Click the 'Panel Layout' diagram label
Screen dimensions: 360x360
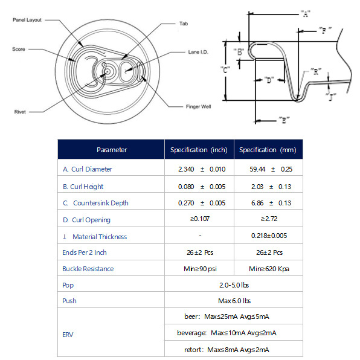pyautogui.click(x=27, y=20)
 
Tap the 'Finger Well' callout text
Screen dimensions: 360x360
pyautogui.click(x=198, y=106)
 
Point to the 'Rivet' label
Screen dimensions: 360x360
pyautogui.click(x=20, y=112)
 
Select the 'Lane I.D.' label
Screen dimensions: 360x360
pyautogui.click(x=198, y=52)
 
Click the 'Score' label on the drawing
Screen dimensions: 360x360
pyautogui.click(x=19, y=49)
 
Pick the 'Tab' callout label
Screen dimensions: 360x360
pyautogui.click(x=184, y=24)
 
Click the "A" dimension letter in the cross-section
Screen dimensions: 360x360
pyautogui.click(x=306, y=14)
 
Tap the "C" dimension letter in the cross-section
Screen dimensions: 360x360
pyautogui.click(x=225, y=69)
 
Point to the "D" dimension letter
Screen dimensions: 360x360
pyautogui.click(x=269, y=80)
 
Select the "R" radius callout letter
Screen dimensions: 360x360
pyautogui.click(x=316, y=72)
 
